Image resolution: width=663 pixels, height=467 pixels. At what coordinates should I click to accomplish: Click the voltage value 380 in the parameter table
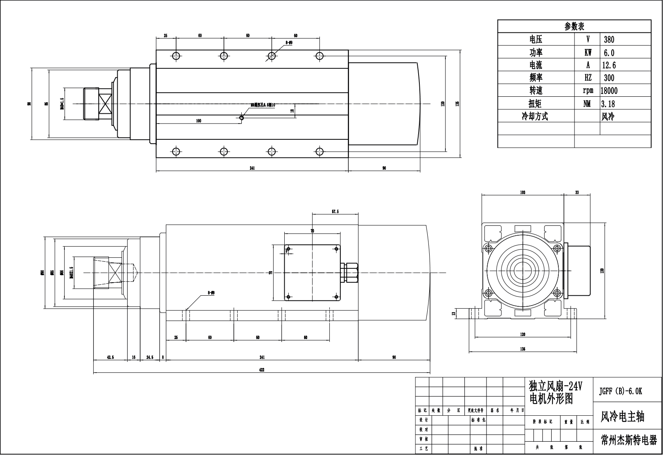tap(609, 39)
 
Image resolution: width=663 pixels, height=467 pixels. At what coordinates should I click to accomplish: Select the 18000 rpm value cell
tap(609, 90)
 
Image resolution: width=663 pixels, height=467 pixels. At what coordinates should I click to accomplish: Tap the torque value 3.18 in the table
tap(608, 104)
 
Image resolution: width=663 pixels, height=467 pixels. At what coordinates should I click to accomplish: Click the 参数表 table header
tap(574, 26)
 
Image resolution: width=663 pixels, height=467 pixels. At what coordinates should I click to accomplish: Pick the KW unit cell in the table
tap(588, 53)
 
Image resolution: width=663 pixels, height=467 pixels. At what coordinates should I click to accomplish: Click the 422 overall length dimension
tap(261, 370)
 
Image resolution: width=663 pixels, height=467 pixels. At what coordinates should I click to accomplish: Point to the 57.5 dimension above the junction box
tap(335, 212)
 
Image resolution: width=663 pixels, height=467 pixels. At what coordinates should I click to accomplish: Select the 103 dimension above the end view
tap(522, 192)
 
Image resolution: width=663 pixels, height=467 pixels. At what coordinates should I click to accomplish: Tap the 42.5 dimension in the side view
tap(110, 357)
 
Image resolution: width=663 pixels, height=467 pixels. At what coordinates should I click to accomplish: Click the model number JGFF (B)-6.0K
tap(620, 391)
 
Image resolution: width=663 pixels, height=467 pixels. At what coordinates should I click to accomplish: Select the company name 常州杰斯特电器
tap(629, 440)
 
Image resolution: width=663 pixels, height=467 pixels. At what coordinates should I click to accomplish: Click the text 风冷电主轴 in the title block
tap(622, 416)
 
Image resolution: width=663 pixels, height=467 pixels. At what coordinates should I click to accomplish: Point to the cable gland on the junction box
tap(350, 272)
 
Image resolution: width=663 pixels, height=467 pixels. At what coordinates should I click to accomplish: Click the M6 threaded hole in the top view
tap(242, 117)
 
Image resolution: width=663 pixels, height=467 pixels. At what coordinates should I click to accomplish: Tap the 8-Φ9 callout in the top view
tap(288, 42)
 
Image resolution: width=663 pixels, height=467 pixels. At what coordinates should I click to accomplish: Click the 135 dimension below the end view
tap(522, 349)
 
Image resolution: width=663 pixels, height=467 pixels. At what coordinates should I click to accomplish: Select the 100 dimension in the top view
tap(199, 121)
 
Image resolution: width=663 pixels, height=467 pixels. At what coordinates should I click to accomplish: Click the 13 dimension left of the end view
tap(453, 313)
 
